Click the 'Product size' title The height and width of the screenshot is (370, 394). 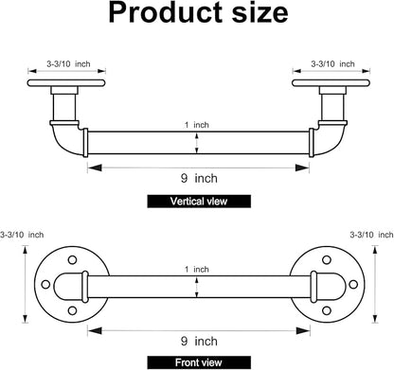198,13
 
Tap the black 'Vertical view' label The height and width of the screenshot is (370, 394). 199,202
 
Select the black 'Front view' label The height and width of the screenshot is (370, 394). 199,362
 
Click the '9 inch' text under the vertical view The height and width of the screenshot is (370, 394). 199,179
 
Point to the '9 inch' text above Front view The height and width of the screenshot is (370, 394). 199,341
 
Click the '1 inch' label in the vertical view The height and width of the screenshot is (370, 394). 197,125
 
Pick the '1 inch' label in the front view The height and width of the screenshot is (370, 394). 197,270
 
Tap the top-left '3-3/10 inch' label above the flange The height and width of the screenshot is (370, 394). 68,64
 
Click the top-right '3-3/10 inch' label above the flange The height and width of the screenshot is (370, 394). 332,64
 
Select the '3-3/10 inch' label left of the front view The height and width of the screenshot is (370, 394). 22,235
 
